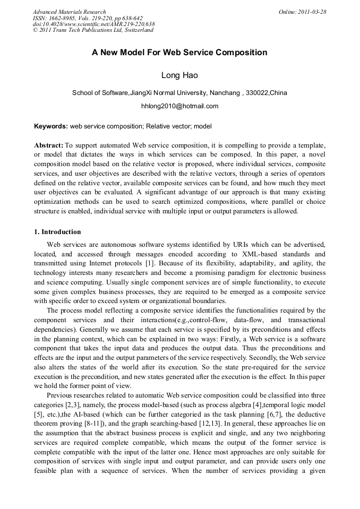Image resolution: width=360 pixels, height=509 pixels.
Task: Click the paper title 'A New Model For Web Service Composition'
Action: click(x=179, y=53)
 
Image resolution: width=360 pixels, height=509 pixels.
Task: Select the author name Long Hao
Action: click(x=179, y=75)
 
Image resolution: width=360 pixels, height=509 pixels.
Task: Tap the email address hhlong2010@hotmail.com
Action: click(x=179, y=106)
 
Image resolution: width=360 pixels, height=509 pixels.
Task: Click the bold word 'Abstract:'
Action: click(x=49, y=145)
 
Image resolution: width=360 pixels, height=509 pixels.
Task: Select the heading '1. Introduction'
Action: click(x=58, y=232)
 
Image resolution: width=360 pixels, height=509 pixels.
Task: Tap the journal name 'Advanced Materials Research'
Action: click(x=70, y=12)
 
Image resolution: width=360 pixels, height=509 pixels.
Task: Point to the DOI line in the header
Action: click(x=94, y=24)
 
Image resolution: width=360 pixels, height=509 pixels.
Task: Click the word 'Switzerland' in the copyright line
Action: click(x=137, y=30)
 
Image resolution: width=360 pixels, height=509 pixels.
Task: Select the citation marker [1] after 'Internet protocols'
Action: click(x=150, y=262)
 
